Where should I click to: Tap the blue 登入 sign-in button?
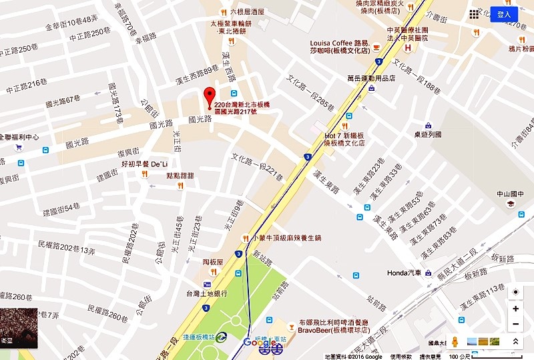click(x=504, y=13)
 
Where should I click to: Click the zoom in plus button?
click(x=515, y=309)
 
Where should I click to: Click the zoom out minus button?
click(x=515, y=325)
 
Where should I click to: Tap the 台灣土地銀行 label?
click(x=207, y=293)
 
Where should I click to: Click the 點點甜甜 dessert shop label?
click(x=180, y=176)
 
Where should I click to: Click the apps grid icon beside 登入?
click(x=475, y=13)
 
